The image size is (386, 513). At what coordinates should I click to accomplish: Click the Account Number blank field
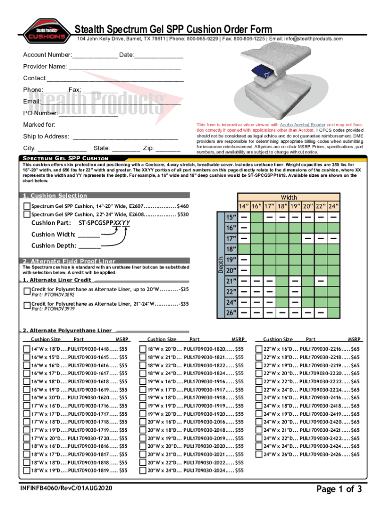pyautogui.click(x=95, y=54)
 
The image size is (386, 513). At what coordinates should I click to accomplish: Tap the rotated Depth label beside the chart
pyautogui.click(x=221, y=264)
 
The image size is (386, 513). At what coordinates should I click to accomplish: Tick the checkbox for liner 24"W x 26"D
pyautogui.click(x=260, y=454)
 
